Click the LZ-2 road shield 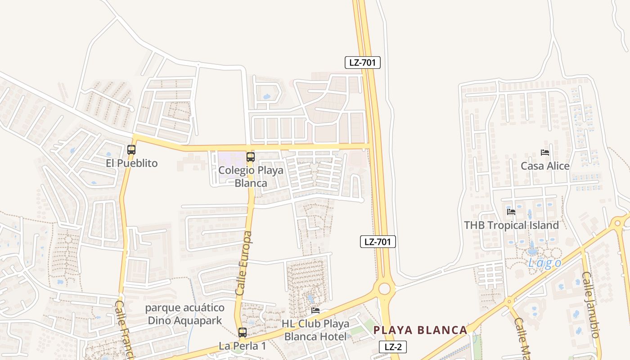coord(393,347)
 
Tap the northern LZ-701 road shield coord(363,63)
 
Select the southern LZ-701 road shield coord(378,242)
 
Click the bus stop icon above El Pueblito coord(131,150)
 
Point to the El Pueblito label coord(132,163)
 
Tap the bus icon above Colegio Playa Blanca coord(251,157)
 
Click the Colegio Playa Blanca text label coord(251,177)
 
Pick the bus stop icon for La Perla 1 coord(243,333)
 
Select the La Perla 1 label coord(243,346)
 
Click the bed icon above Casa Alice coord(545,153)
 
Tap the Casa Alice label coord(545,166)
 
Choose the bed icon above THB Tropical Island coord(511,211)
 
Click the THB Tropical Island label coord(511,225)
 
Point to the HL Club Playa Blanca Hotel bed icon coord(315,310)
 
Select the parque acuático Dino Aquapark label coord(185,314)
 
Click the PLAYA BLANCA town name coord(420,330)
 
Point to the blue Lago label coord(544,263)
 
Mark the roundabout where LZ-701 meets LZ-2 coord(384,288)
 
